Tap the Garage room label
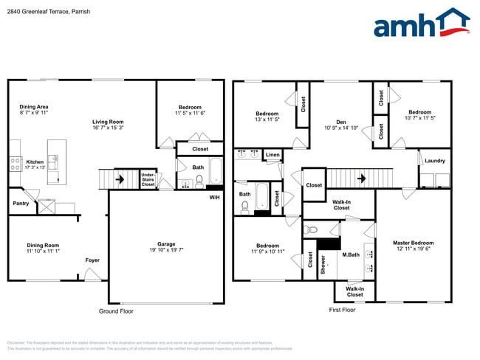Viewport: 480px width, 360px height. (x=166, y=244)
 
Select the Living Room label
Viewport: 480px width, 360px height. (x=108, y=122)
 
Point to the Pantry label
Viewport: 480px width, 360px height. (x=20, y=202)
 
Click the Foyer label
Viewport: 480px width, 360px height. (x=92, y=260)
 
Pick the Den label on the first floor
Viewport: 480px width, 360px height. (x=341, y=122)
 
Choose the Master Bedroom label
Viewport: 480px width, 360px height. (x=413, y=243)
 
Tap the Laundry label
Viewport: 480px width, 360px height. (x=436, y=159)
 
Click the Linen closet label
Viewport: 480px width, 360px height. (x=273, y=155)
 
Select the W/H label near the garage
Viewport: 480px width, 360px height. (x=214, y=197)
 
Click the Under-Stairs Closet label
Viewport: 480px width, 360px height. (x=148, y=179)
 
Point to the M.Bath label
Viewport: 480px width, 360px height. (x=350, y=255)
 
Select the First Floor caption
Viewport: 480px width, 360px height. (x=342, y=310)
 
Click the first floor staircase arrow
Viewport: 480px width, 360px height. (x=362, y=178)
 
